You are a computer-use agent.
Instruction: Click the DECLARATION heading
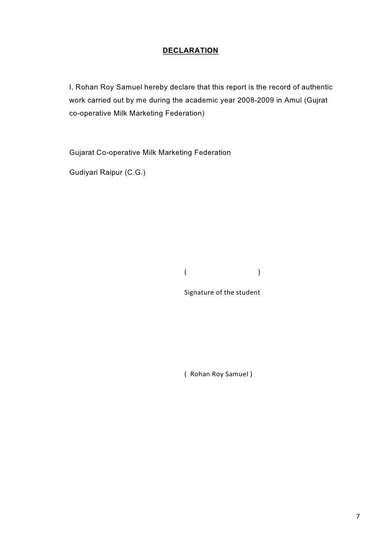coord(190,51)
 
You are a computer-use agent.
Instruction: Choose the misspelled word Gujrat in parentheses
coord(317,99)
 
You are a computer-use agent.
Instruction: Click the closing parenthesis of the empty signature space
coord(260,272)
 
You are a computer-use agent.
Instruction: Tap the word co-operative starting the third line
coord(89,113)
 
